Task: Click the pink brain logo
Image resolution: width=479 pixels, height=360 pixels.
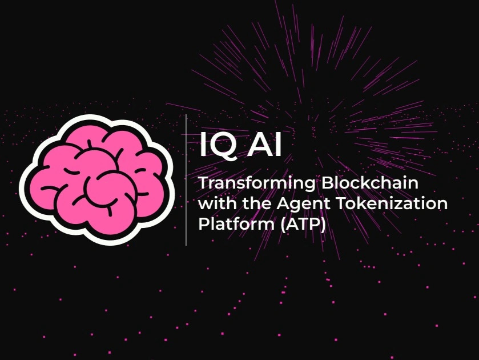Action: tap(97, 180)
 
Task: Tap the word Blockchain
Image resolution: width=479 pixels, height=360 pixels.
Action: tap(370, 183)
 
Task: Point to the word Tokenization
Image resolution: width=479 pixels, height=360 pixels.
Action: tap(392, 203)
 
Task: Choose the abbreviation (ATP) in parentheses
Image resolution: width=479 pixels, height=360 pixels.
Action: tap(303, 225)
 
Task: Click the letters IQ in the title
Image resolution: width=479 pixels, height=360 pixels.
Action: tap(218, 145)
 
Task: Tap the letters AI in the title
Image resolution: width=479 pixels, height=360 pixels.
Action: tap(264, 144)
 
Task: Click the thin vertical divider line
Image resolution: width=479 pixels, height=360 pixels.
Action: tap(186, 180)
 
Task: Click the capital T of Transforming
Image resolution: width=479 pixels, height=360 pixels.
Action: tap(204, 183)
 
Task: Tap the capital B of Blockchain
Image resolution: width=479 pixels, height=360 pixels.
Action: tap(327, 183)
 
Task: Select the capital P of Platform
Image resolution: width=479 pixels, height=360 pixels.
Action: tap(204, 223)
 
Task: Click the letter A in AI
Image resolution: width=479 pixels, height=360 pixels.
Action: tap(259, 144)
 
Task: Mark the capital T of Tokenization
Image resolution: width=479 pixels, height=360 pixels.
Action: tap(341, 203)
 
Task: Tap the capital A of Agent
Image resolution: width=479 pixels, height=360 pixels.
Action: tap(283, 203)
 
